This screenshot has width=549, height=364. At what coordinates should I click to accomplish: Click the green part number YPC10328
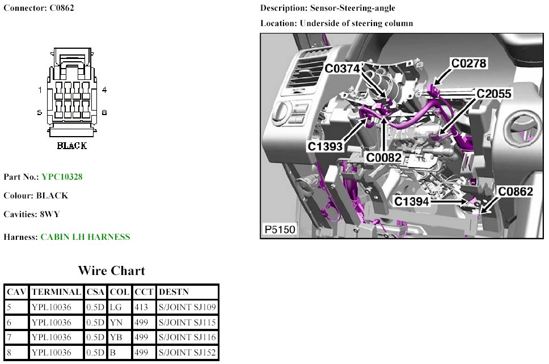(62, 177)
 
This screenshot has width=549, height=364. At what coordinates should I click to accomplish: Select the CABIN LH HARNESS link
(86, 237)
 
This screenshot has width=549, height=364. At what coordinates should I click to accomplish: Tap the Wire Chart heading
(111, 270)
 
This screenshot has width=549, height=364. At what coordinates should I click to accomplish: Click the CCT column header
(144, 292)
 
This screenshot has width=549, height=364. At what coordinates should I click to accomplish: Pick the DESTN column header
(174, 292)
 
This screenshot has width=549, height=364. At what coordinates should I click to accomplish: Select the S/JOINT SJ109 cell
(187, 307)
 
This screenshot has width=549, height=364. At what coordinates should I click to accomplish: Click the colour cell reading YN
(116, 323)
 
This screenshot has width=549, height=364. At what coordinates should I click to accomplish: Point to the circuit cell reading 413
(141, 307)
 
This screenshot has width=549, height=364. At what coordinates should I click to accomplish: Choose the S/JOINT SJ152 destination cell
(187, 353)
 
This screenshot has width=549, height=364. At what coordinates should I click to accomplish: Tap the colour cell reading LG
(116, 307)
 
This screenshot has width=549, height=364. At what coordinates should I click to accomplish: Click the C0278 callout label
(469, 64)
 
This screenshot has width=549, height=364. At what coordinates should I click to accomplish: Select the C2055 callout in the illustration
(494, 94)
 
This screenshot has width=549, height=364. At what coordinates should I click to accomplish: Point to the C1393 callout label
(325, 146)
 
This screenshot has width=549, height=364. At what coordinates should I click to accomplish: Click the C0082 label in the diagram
(384, 158)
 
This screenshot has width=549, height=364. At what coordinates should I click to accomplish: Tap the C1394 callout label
(411, 202)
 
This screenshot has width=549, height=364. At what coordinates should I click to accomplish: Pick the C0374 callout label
(342, 68)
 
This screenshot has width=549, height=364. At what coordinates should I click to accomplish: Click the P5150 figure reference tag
(280, 230)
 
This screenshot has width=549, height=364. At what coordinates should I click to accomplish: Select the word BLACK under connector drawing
(72, 146)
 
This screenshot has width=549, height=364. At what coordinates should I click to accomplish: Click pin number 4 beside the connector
(104, 90)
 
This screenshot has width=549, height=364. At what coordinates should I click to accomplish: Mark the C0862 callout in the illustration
(516, 192)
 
